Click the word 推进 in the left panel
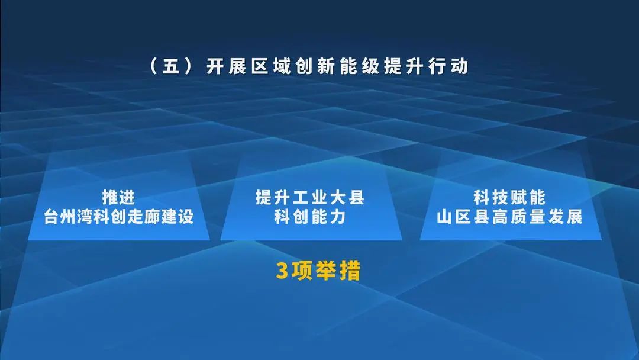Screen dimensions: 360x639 tap(119, 198)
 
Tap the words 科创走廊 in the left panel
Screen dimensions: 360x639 tap(127, 217)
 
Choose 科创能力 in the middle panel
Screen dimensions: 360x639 tap(309, 217)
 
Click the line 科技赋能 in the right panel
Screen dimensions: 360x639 tap(509, 198)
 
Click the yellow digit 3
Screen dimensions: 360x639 tap(282, 271)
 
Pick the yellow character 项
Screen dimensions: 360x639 tap(304, 271)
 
